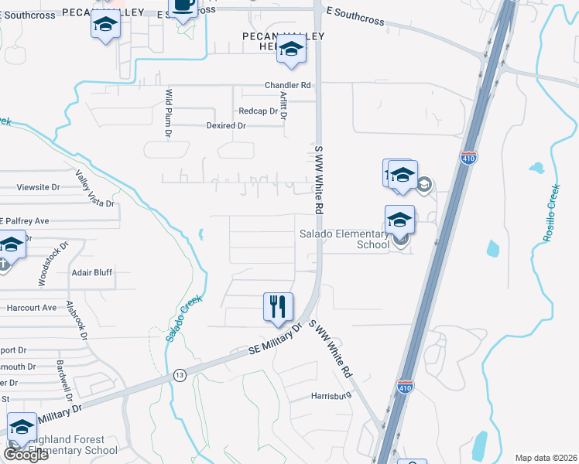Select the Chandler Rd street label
tap(287, 85)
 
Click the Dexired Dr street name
tap(226, 125)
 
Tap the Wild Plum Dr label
tap(168, 113)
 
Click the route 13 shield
tap(180, 374)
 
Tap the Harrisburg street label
tap(331, 396)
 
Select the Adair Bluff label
tap(91, 272)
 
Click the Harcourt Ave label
tap(32, 307)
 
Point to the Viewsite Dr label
tap(38, 187)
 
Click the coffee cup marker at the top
tap(183, 6)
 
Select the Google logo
tap(26, 454)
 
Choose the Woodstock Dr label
tap(53, 263)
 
